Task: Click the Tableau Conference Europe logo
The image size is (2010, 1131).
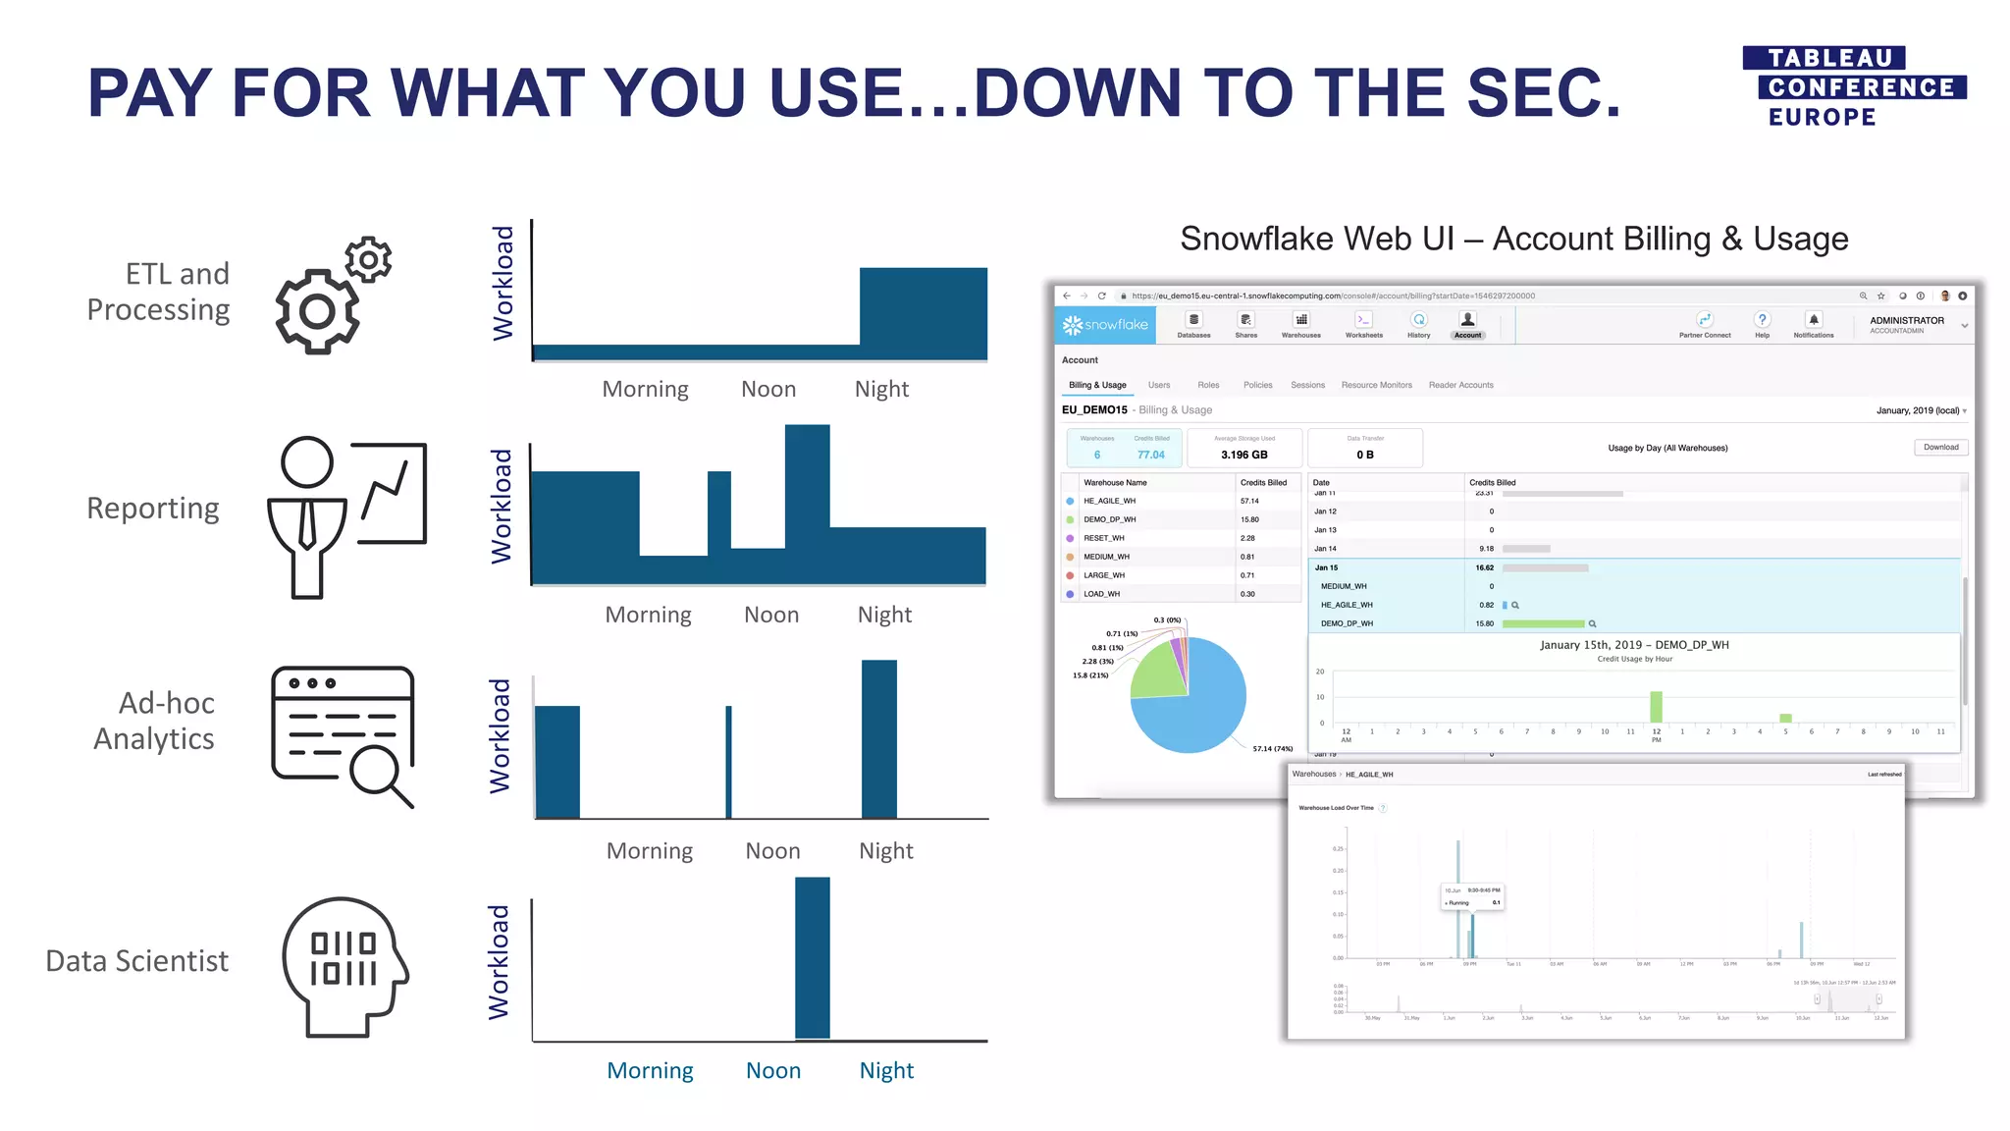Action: click(1853, 87)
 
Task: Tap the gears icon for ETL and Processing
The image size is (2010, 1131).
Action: click(332, 296)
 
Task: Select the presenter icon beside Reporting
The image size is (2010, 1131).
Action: click(346, 516)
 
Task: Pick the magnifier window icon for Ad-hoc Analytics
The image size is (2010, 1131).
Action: click(344, 736)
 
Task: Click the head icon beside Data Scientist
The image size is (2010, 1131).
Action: click(344, 966)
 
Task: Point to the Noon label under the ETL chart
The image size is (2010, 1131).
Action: click(768, 390)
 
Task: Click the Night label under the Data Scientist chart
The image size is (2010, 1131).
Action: click(886, 1071)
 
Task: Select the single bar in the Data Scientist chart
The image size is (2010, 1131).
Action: click(812, 957)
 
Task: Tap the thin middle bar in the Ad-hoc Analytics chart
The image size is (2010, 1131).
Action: click(728, 761)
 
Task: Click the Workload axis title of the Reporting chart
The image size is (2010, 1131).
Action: click(502, 507)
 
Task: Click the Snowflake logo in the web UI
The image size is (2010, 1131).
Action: click(1105, 325)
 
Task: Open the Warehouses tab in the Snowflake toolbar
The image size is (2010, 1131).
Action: click(1300, 325)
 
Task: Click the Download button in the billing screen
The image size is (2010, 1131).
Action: click(1940, 448)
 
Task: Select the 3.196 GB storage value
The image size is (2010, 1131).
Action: click(1243, 455)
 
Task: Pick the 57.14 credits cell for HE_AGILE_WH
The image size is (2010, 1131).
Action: click(1249, 501)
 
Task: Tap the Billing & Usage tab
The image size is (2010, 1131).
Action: click(1097, 385)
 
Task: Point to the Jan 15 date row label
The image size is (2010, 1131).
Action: click(1326, 567)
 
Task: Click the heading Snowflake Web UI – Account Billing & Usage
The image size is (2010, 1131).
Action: click(1513, 239)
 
